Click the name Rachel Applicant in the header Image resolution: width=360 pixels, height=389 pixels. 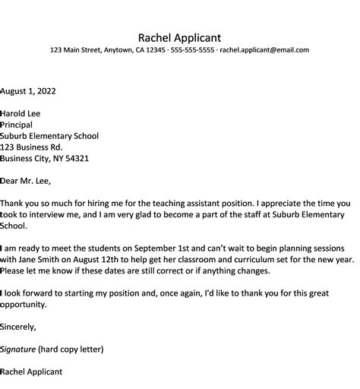pyautogui.click(x=179, y=37)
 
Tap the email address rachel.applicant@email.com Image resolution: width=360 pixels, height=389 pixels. pyautogui.click(x=264, y=50)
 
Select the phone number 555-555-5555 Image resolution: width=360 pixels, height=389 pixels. pyautogui.click(x=191, y=50)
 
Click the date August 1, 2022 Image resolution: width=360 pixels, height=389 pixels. pyautogui.click(x=27, y=90)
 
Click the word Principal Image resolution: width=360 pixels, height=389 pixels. pyautogui.click(x=16, y=125)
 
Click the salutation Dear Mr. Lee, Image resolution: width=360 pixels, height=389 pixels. pyautogui.click(x=26, y=181)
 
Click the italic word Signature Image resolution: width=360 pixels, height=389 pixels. pyautogui.click(x=20, y=349)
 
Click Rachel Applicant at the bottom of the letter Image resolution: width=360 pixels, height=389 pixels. pyautogui.click(x=32, y=372)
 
